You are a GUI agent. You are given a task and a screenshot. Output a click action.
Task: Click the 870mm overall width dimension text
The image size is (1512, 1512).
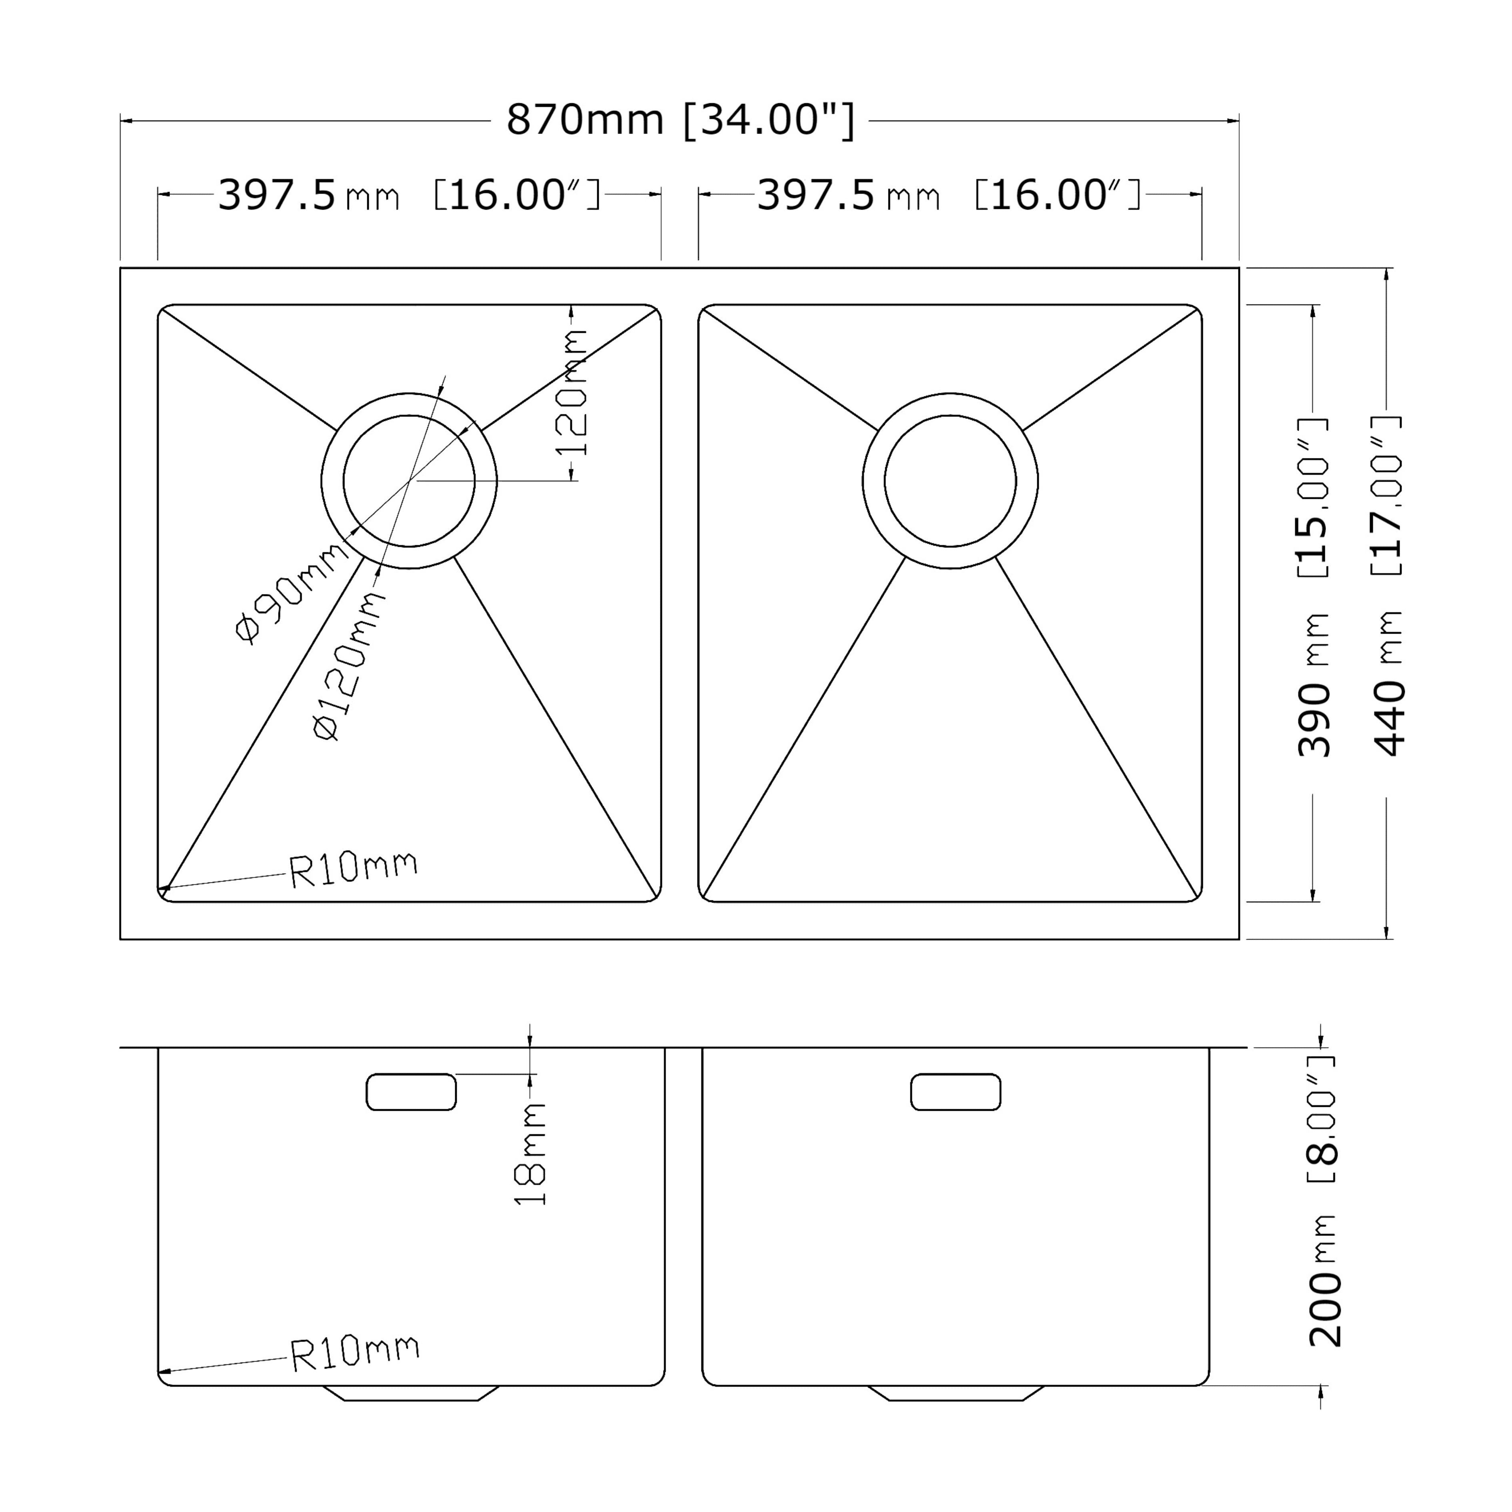click(x=585, y=120)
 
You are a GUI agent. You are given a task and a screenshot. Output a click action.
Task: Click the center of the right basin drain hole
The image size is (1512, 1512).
click(x=950, y=480)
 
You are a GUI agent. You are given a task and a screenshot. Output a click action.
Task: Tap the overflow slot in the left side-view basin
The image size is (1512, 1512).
click(x=411, y=1092)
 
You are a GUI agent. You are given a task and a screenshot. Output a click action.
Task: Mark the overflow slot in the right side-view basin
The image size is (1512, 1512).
click(x=956, y=1092)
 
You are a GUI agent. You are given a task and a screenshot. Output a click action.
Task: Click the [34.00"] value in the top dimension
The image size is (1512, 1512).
click(x=769, y=120)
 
